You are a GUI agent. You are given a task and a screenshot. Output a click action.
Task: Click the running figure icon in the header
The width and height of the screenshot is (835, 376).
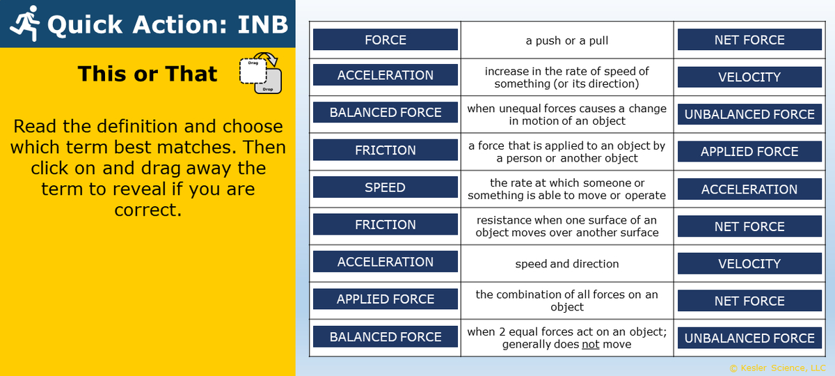[24, 24]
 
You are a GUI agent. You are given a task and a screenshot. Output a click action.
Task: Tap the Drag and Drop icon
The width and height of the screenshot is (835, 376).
[260, 74]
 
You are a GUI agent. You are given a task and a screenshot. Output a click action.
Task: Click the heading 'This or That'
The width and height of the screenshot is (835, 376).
[148, 74]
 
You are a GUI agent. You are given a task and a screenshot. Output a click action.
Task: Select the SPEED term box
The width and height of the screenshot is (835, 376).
[385, 187]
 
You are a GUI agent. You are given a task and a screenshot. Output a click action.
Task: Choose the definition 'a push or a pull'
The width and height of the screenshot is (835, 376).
[566, 40]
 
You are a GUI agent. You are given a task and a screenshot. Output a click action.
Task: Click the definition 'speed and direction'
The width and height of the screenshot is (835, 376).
[566, 264]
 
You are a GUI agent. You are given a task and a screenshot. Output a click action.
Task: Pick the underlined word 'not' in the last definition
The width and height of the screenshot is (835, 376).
[590, 344]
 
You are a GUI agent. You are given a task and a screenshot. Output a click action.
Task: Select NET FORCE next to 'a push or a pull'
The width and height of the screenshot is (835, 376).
[749, 40]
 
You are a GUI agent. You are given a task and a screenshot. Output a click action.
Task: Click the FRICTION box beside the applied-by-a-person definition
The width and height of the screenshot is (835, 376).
[385, 150]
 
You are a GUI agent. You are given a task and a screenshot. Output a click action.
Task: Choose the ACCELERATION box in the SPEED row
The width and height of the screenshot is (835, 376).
[749, 189]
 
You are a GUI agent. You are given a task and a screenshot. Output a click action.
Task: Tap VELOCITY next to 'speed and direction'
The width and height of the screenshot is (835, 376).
[749, 264]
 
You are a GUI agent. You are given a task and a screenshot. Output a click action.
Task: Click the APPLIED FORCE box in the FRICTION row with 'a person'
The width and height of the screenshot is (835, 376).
[749, 152]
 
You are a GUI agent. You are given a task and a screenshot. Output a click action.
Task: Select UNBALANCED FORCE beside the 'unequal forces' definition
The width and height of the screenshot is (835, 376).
[749, 114]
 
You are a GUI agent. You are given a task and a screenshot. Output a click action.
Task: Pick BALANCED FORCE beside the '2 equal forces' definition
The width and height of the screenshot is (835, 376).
[385, 337]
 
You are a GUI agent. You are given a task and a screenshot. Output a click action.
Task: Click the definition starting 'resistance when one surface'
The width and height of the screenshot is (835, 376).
[566, 226]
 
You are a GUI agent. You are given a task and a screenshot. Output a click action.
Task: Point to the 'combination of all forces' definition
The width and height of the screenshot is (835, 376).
[566, 301]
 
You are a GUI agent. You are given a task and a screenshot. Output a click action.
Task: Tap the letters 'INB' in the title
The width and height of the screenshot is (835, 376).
[262, 25]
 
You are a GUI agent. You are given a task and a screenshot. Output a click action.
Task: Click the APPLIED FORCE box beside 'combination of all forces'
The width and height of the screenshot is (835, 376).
[385, 299]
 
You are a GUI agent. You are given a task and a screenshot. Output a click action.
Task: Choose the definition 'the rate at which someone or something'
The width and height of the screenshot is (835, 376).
[566, 189]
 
